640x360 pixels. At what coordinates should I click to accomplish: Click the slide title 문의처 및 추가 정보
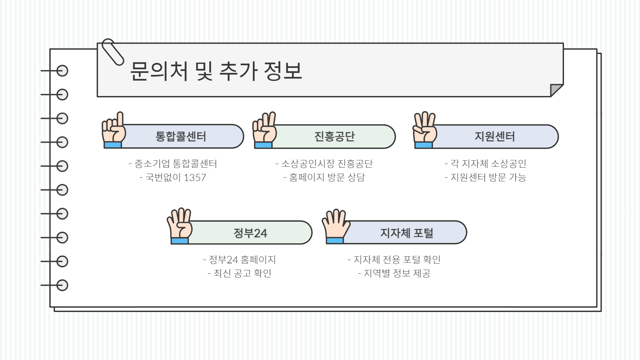pyautogui.click(x=216, y=71)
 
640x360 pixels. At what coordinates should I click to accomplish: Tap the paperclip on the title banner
pyautogui.click(x=112, y=52)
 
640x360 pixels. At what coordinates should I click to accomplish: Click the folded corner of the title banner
pyautogui.click(x=556, y=90)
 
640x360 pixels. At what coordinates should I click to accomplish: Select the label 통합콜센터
pyautogui.click(x=181, y=136)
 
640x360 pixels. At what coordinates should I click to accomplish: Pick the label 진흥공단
pyautogui.click(x=334, y=136)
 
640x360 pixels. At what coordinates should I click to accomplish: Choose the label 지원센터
pyautogui.click(x=495, y=136)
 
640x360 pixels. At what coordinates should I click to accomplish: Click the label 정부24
pyautogui.click(x=250, y=233)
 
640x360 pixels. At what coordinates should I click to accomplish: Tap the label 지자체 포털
pyautogui.click(x=407, y=233)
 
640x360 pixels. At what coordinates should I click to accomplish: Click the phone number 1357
pyautogui.click(x=195, y=177)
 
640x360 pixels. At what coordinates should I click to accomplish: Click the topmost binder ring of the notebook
pyautogui.click(x=62, y=71)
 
